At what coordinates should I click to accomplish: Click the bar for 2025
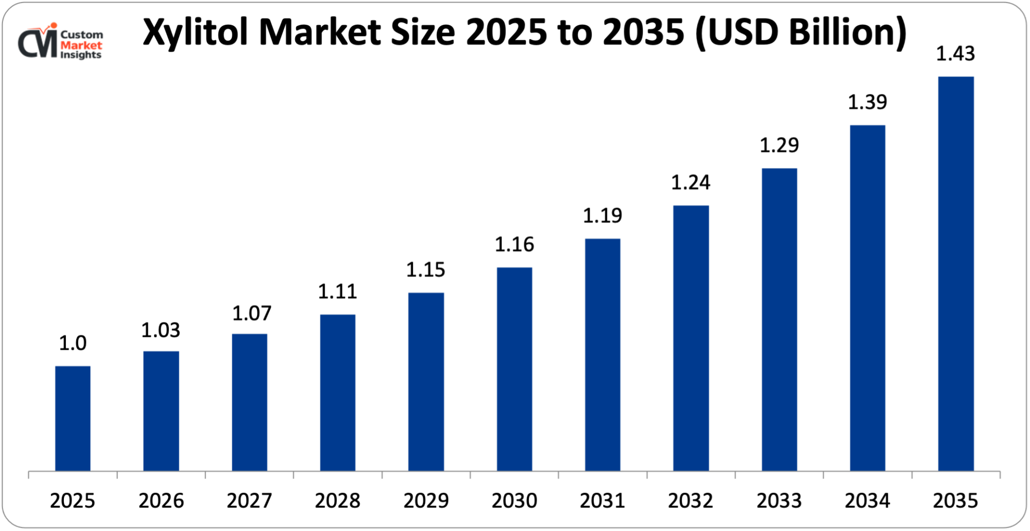(73, 418)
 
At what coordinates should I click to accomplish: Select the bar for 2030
(514, 369)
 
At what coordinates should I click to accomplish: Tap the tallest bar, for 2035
(956, 273)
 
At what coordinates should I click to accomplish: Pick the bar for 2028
(337, 392)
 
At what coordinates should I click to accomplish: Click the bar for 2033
(779, 319)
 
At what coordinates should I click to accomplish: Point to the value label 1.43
(955, 54)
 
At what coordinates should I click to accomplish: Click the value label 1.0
(73, 344)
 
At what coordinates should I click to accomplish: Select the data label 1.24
(691, 183)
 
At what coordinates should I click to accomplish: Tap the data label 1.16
(514, 245)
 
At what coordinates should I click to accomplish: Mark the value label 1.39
(867, 102)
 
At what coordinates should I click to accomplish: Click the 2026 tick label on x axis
(161, 501)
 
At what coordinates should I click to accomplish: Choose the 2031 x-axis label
(603, 501)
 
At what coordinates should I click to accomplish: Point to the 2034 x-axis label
(867, 501)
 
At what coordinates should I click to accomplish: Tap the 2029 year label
(426, 501)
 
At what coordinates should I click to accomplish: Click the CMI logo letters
(37, 44)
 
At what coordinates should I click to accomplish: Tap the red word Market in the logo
(81, 45)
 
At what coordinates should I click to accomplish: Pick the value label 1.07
(251, 314)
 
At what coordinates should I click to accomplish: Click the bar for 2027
(249, 402)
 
